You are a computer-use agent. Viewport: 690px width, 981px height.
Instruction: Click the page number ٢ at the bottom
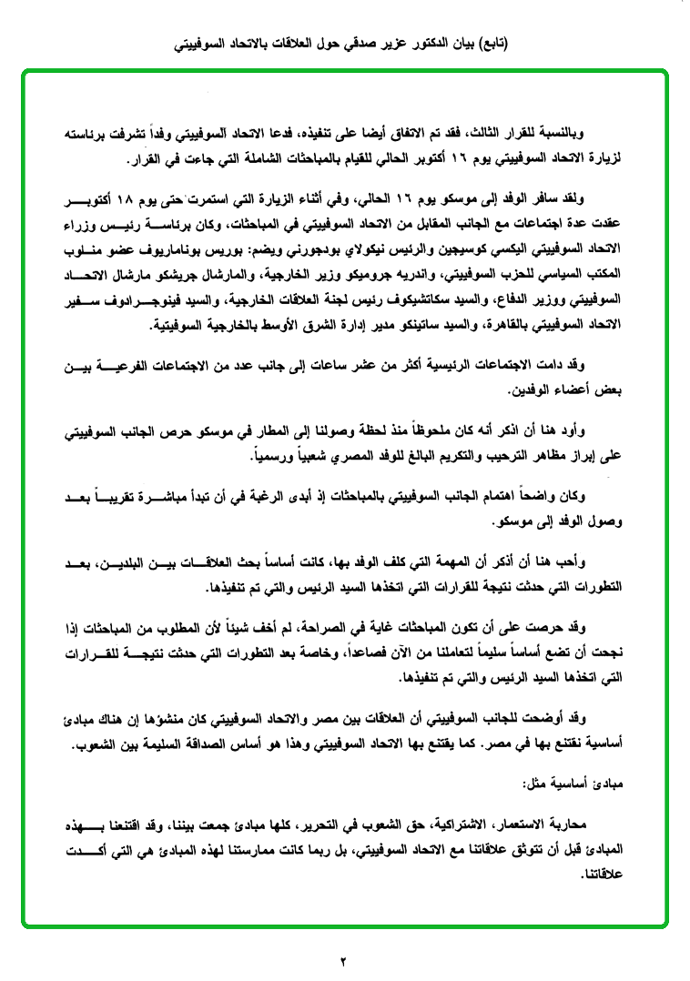pos(345,961)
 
